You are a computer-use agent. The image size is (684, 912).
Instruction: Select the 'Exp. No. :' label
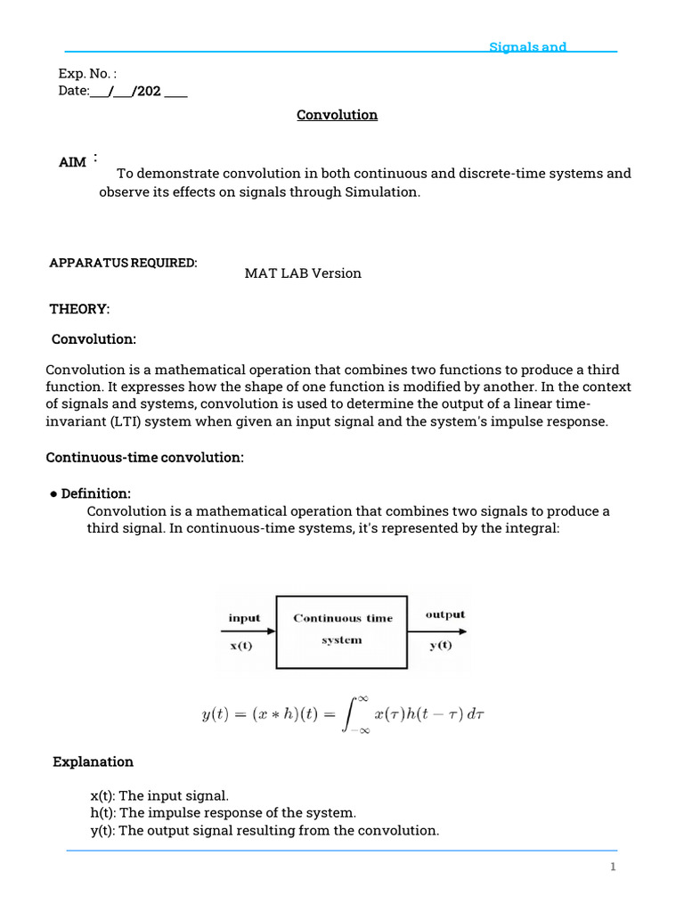[x=87, y=74]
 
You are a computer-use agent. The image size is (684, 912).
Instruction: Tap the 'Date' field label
[x=73, y=91]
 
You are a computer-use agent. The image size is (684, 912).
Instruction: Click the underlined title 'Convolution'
[x=337, y=115]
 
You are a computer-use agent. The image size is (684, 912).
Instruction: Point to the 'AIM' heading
[x=73, y=161]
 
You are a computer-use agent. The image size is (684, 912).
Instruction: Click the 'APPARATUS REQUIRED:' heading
[x=123, y=263]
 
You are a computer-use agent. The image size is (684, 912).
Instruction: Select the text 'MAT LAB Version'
[x=303, y=273]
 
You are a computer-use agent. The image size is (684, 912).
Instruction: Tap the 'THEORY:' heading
[x=79, y=308]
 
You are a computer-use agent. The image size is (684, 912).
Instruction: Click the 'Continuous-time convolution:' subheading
[x=144, y=457]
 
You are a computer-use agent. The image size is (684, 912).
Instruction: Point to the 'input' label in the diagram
[x=244, y=617]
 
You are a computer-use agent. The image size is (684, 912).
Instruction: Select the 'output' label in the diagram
[x=444, y=615]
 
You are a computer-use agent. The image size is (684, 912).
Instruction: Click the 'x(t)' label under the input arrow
[x=240, y=646]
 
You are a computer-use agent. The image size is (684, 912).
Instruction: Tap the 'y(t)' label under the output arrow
[x=440, y=646]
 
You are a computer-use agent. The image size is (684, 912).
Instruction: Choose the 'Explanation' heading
[x=93, y=761]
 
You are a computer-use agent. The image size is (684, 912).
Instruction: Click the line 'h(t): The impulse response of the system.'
[x=223, y=812]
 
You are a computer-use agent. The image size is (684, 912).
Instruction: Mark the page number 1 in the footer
[x=613, y=867]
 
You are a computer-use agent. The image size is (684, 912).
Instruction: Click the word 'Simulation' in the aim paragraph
[x=380, y=191]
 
